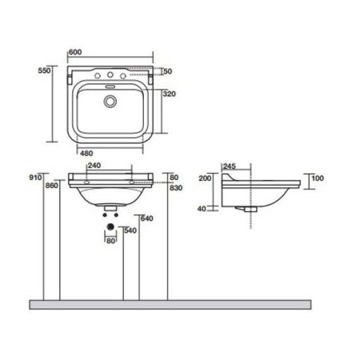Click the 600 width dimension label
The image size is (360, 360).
[74, 53]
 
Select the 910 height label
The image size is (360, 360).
[35, 177]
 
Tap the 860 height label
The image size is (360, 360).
[53, 185]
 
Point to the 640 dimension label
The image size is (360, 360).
[146, 218]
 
